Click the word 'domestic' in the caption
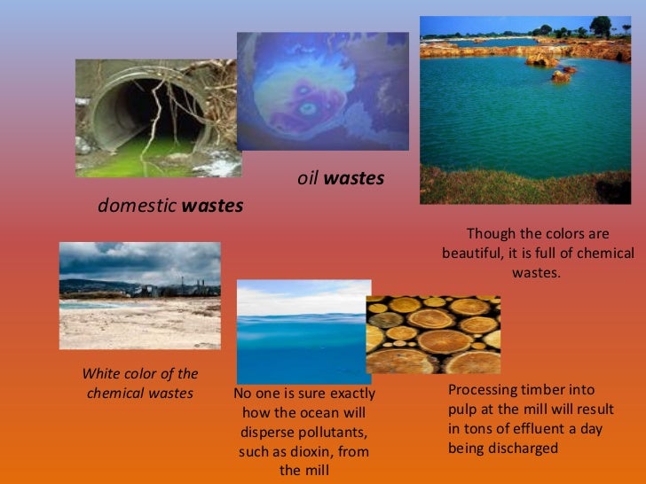[x=137, y=206]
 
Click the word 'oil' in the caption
[x=307, y=179]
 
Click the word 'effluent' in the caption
[x=529, y=429]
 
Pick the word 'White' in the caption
[x=99, y=374]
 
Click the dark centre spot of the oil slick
[x=308, y=110]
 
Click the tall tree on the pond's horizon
[x=601, y=27]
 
